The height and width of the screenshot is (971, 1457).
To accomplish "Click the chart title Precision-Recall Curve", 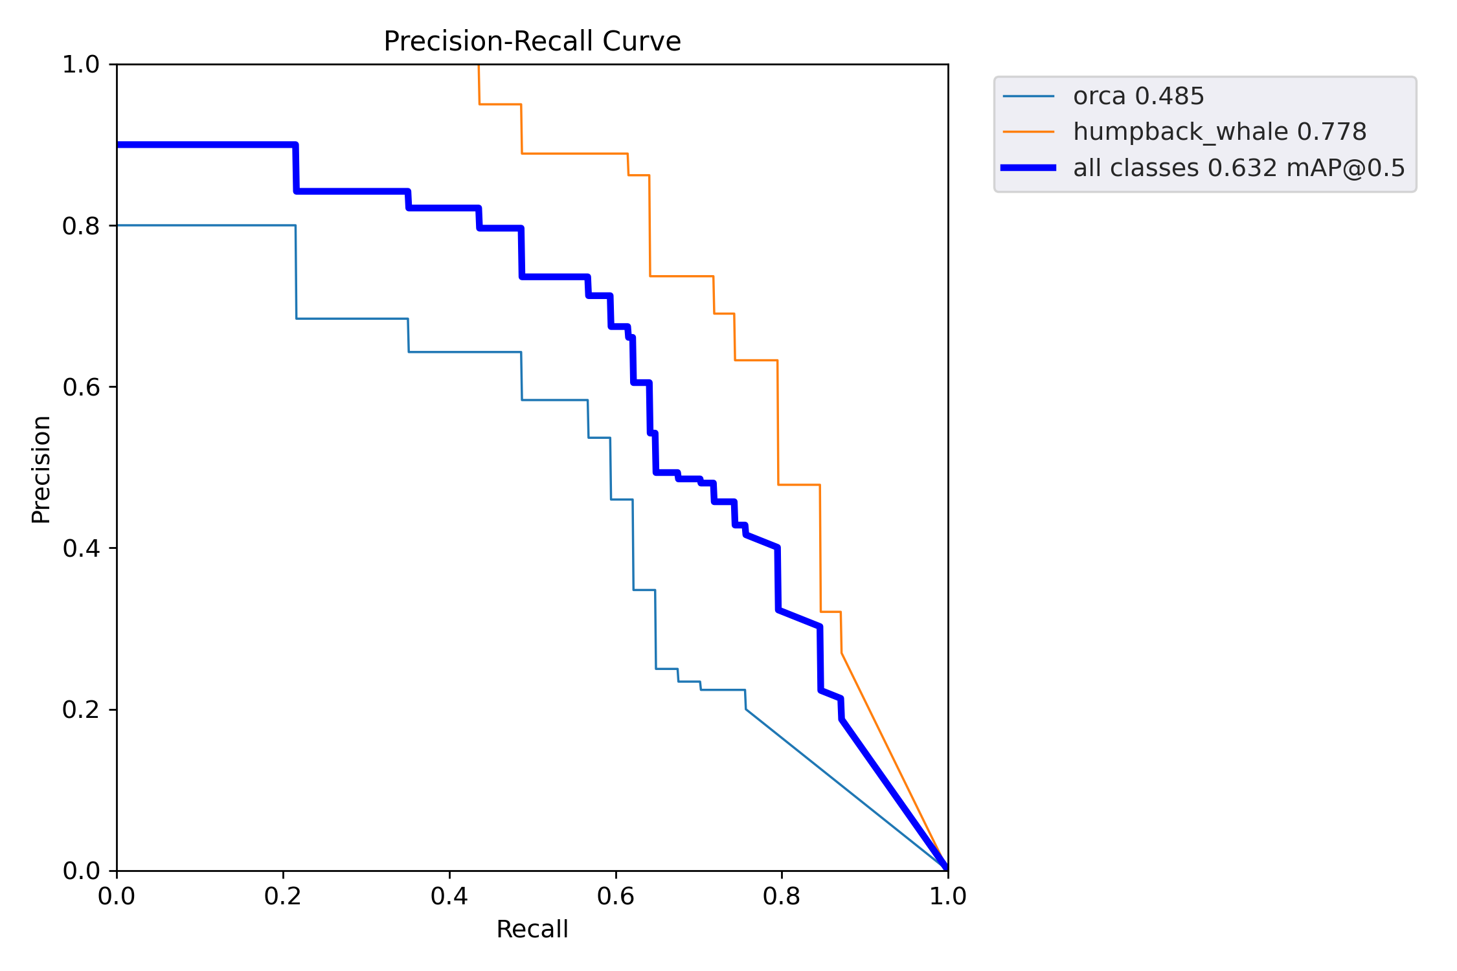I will point(532,41).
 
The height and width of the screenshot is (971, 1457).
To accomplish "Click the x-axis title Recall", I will point(532,929).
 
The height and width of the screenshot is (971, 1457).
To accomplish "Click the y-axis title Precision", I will point(41,469).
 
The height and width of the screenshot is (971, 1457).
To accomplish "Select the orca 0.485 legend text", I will point(1138,96).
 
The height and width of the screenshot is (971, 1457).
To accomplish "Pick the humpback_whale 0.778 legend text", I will point(1219,132).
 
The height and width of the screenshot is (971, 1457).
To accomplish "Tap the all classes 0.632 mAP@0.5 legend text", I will point(1239,168).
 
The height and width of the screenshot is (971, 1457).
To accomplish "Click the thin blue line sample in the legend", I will point(1028,96).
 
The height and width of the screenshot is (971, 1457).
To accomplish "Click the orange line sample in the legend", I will point(1028,132).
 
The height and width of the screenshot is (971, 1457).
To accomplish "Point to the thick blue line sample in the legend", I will point(1028,168).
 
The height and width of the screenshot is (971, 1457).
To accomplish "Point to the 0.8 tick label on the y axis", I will point(81,226).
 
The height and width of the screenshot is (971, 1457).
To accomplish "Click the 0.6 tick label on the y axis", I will point(81,387).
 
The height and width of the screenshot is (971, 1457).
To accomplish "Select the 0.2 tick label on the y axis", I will point(81,709).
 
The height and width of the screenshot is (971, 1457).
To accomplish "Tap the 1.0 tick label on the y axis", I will point(81,65).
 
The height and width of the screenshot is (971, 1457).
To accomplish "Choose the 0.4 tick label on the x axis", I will point(449,897).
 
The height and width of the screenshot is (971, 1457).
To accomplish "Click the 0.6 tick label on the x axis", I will point(616,897).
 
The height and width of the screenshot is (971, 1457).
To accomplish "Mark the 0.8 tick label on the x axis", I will point(782,897).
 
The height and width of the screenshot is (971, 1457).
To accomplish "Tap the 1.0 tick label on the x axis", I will point(948,897).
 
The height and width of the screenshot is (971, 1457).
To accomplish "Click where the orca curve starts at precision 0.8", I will point(118,225).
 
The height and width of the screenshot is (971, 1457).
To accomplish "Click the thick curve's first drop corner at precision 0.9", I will point(295,145).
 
